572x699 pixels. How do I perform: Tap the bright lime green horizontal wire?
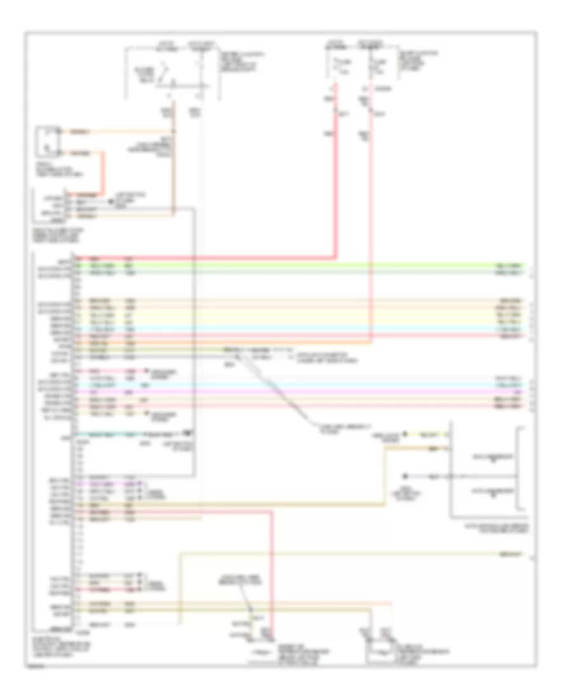coord(318,264)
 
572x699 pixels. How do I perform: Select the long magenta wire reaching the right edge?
coord(318,393)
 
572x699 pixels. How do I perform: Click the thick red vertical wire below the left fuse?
coord(336,191)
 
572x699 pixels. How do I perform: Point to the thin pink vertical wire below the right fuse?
coord(372,222)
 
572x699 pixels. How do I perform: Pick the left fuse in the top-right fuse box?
coord(335,65)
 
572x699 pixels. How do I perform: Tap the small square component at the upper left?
coord(48,141)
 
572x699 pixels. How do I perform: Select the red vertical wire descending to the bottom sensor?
coord(271,572)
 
